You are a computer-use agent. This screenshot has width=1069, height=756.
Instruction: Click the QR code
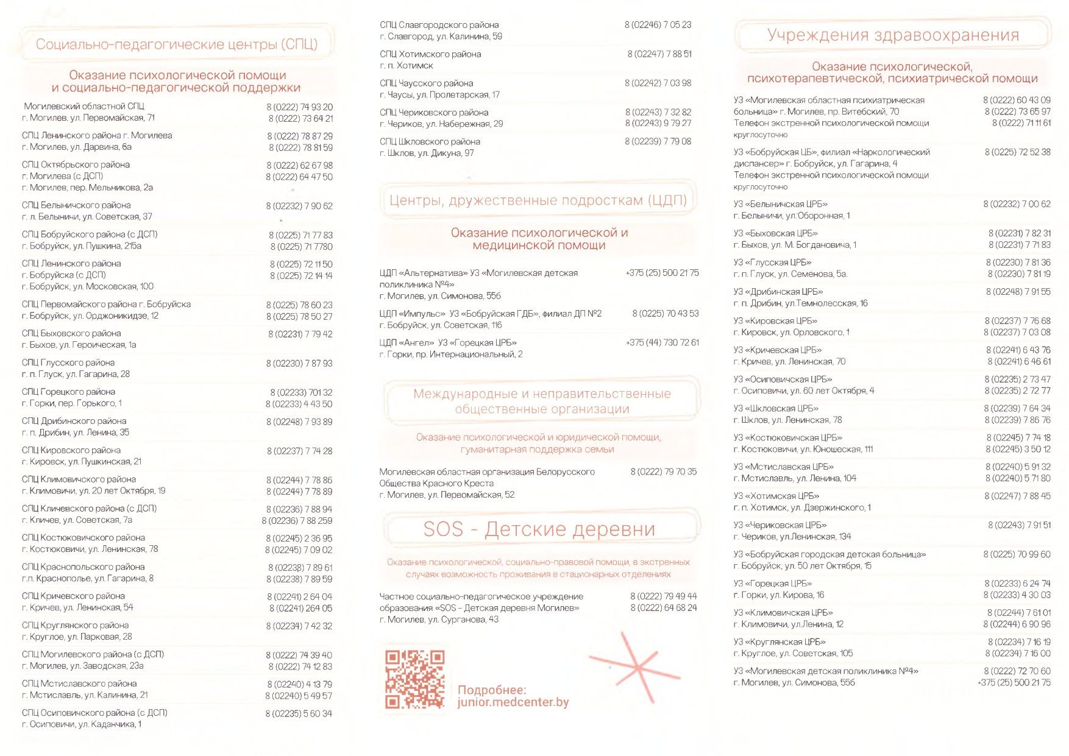coord(414,679)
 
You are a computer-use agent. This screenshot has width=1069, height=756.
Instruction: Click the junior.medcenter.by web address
coord(513,702)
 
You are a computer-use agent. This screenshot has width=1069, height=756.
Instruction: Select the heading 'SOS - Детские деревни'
coord(539,529)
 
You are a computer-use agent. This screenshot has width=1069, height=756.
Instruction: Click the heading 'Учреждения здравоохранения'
coord(893,35)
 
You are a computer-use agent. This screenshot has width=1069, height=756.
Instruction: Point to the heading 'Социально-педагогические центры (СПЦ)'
coord(177,44)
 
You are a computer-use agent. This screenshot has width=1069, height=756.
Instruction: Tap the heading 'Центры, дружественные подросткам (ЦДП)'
coord(538,200)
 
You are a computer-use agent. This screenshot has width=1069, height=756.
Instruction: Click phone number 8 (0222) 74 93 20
coord(300,107)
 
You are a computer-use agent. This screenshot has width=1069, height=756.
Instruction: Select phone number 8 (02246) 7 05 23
coord(658,25)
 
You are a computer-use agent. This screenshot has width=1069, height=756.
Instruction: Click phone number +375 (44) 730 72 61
coord(662,343)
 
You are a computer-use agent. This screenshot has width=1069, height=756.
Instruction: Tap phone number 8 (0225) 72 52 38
coord(1017,152)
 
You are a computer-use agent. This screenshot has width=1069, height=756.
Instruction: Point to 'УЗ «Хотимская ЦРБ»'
coord(776,496)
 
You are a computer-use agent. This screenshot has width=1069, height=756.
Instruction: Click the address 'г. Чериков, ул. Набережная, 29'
coord(441,124)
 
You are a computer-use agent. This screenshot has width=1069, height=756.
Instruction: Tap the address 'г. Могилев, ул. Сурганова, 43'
coord(439,620)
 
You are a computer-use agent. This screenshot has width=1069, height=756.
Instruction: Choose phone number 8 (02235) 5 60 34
coord(299,713)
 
